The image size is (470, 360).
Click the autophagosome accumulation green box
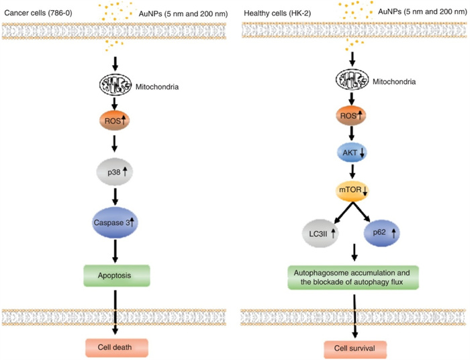pos(353,277)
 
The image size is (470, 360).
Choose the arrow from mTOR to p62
pos(369,212)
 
